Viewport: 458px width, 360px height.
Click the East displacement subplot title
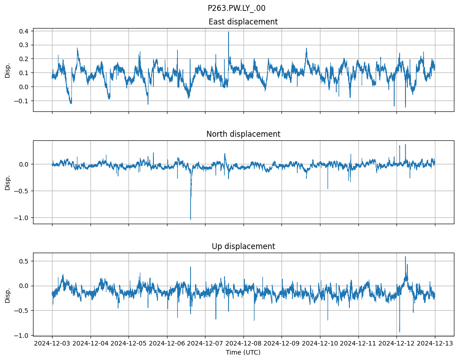[x=243, y=22]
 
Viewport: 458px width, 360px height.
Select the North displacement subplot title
[x=243, y=134]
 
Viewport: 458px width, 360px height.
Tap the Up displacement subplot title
[x=243, y=246]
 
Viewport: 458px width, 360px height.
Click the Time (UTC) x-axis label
[x=243, y=352]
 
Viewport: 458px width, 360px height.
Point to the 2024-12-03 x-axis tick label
[x=52, y=344]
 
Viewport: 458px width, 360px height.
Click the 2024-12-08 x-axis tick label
[x=243, y=344]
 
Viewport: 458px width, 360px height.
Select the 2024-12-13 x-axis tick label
[x=435, y=344]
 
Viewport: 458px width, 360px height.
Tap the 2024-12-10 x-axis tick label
[x=320, y=344]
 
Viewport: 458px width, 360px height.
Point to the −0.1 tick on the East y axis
[x=22, y=101]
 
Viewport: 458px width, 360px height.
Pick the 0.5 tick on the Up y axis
[x=24, y=261]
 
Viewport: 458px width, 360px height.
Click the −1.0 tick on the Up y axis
[x=22, y=335]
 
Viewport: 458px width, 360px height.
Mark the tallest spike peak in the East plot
[x=229, y=32]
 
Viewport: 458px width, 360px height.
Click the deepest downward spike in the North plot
[x=191, y=220]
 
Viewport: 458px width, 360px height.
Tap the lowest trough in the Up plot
[x=400, y=332]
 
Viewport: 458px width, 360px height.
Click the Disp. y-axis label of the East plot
[x=8, y=70]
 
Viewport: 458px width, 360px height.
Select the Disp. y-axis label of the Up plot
[x=8, y=294]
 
